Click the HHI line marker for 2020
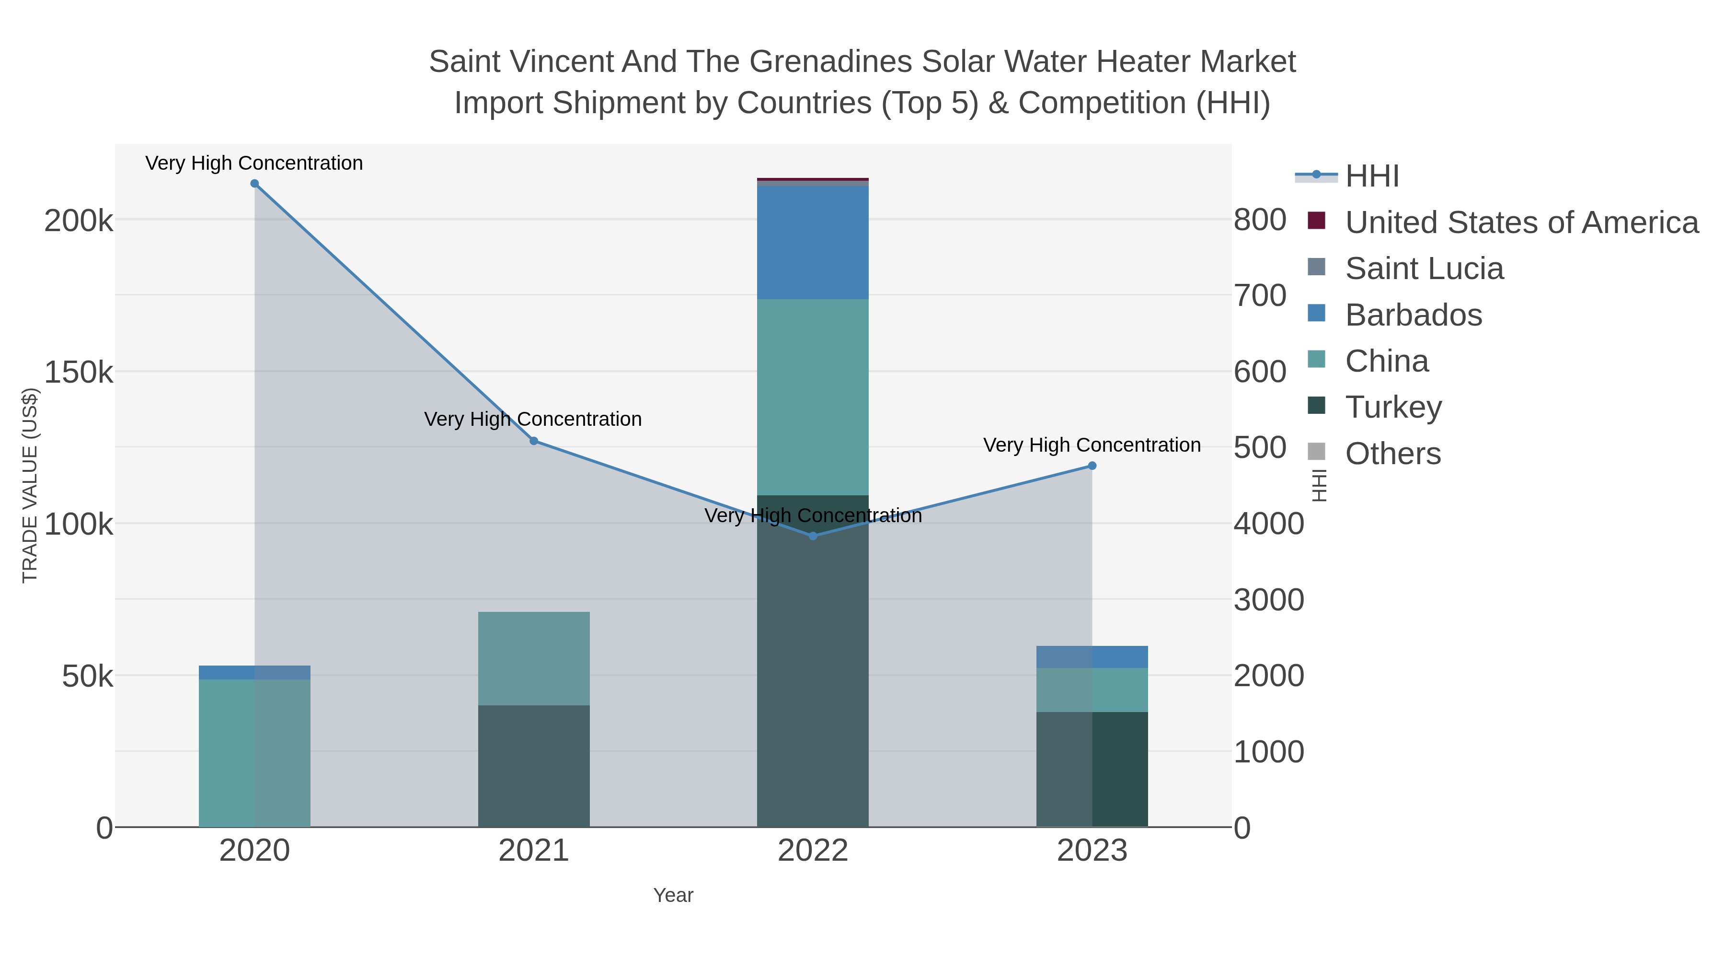click(x=254, y=184)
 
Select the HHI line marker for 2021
click(x=534, y=441)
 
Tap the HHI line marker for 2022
click(x=813, y=536)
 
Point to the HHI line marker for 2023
click(x=1092, y=466)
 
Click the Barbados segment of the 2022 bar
click(x=813, y=243)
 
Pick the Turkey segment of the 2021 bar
click(x=534, y=765)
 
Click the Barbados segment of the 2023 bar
click(x=1092, y=657)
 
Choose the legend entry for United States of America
click(x=1521, y=222)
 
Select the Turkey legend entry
click(x=1393, y=408)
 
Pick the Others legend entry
click(x=1393, y=454)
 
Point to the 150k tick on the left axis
click(x=79, y=372)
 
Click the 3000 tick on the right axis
click(x=1269, y=600)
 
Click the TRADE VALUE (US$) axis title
click(x=30, y=485)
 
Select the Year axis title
click(x=673, y=895)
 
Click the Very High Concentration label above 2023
click(x=1092, y=445)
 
